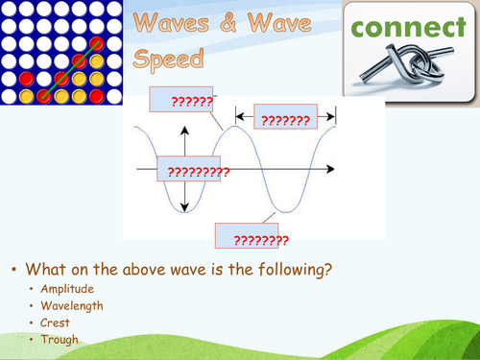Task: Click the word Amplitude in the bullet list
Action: [66, 288]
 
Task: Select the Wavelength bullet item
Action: [70, 305]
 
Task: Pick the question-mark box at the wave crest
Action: [182, 100]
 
